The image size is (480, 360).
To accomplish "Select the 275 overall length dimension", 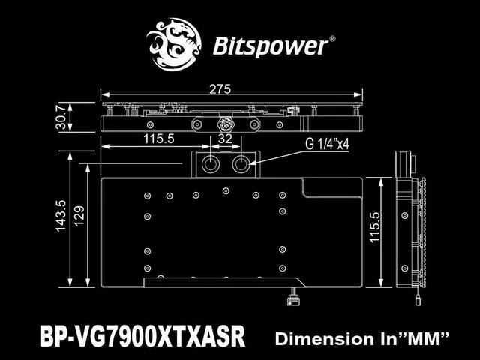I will (220, 89).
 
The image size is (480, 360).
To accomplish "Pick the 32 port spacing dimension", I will (225, 139).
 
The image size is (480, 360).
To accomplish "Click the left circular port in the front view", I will (209, 165).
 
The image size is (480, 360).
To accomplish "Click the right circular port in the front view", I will (241, 165).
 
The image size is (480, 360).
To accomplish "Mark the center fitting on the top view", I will (223, 119).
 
